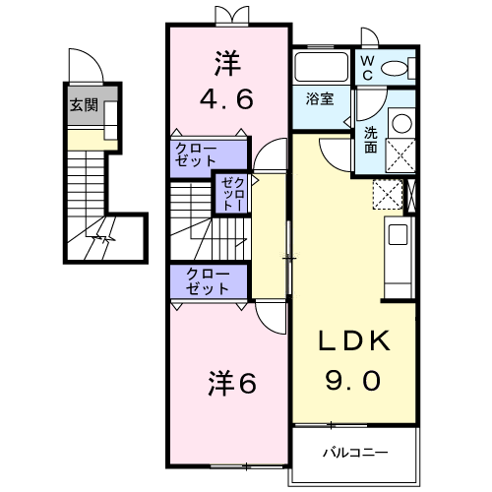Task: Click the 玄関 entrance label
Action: pyautogui.click(x=84, y=105)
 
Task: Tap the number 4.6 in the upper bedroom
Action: pyautogui.click(x=227, y=98)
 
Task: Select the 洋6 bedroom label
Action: pyautogui.click(x=231, y=382)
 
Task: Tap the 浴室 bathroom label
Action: pyautogui.click(x=319, y=98)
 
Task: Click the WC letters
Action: pyautogui.click(x=366, y=66)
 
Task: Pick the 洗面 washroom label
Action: pyautogui.click(x=370, y=140)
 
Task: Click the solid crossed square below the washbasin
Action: pyautogui.click(x=401, y=155)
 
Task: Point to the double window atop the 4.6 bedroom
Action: pyautogui.click(x=227, y=16)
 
